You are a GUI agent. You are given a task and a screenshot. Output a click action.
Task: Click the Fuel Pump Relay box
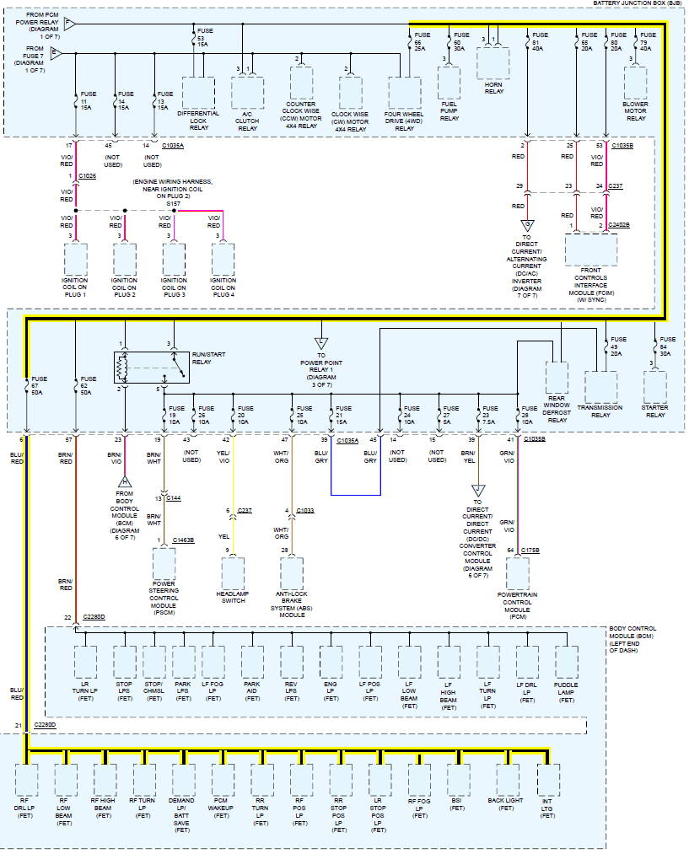click(x=449, y=83)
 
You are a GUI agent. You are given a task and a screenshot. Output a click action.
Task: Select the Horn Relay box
click(x=493, y=63)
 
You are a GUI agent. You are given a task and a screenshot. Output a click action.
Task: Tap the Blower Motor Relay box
click(x=635, y=83)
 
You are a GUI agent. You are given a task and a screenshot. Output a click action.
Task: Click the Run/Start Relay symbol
click(x=152, y=367)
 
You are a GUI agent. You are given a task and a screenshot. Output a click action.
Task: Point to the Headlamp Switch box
click(x=233, y=573)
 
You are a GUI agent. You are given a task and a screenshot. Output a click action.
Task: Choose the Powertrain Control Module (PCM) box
click(x=518, y=573)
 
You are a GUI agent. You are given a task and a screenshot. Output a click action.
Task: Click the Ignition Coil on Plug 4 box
click(x=223, y=260)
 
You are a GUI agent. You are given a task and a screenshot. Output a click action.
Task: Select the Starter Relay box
click(x=654, y=387)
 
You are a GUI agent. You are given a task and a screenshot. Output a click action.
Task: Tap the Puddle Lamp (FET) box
click(x=567, y=663)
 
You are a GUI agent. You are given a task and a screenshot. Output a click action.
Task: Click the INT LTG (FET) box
click(x=548, y=780)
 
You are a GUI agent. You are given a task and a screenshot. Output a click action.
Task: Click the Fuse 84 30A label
click(x=668, y=346)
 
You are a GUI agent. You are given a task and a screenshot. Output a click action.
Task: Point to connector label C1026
click(x=87, y=176)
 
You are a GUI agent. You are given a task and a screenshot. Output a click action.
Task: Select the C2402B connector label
click(x=618, y=225)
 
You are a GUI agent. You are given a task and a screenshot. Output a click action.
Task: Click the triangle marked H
click(x=125, y=482)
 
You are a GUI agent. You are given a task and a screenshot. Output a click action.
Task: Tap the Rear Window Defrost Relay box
click(x=557, y=378)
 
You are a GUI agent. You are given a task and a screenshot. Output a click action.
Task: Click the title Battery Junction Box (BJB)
click(x=638, y=3)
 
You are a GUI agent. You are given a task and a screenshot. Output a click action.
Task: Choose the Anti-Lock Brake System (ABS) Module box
click(x=292, y=573)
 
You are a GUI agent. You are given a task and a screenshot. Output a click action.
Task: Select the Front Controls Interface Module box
click(x=591, y=250)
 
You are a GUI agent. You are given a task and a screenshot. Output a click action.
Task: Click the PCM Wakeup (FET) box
click(x=221, y=780)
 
